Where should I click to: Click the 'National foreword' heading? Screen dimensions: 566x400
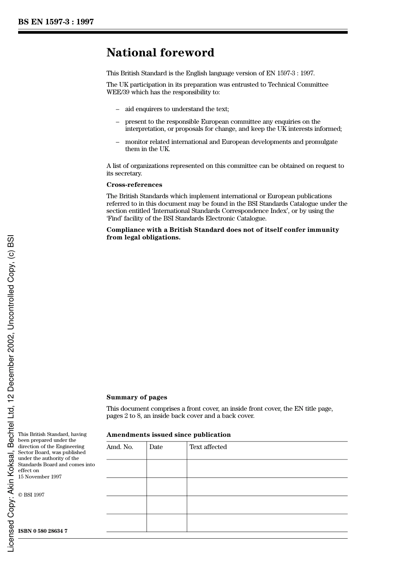point(160,53)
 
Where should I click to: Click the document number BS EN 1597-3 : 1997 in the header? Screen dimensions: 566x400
point(56,22)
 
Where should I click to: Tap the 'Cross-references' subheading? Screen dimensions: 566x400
point(134,185)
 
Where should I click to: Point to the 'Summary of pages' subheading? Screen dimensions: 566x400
point(136,397)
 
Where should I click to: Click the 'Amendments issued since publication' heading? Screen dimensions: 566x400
point(168,435)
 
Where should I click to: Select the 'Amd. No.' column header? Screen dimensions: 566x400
point(120,447)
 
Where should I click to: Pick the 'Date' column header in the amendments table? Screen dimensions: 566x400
point(156,447)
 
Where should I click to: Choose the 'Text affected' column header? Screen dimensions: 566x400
point(208,447)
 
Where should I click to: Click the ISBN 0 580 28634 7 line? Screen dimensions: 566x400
point(43,531)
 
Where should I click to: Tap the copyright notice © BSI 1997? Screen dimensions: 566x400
point(31,495)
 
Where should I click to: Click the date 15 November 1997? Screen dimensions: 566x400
point(40,477)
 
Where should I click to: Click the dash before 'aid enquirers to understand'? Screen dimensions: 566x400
point(117,109)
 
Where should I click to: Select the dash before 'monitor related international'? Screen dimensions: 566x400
point(117,142)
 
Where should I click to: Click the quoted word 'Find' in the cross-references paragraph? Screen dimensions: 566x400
point(116,218)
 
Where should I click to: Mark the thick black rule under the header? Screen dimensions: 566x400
point(183,32)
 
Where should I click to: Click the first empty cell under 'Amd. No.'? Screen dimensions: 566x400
point(126,468)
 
